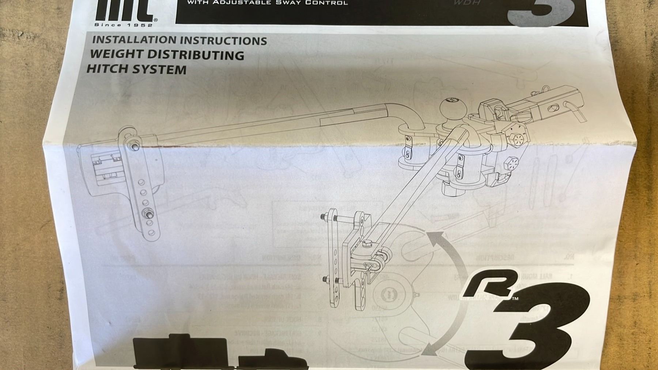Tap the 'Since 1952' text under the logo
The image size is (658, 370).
click(124, 25)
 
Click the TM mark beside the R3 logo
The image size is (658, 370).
click(515, 299)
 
